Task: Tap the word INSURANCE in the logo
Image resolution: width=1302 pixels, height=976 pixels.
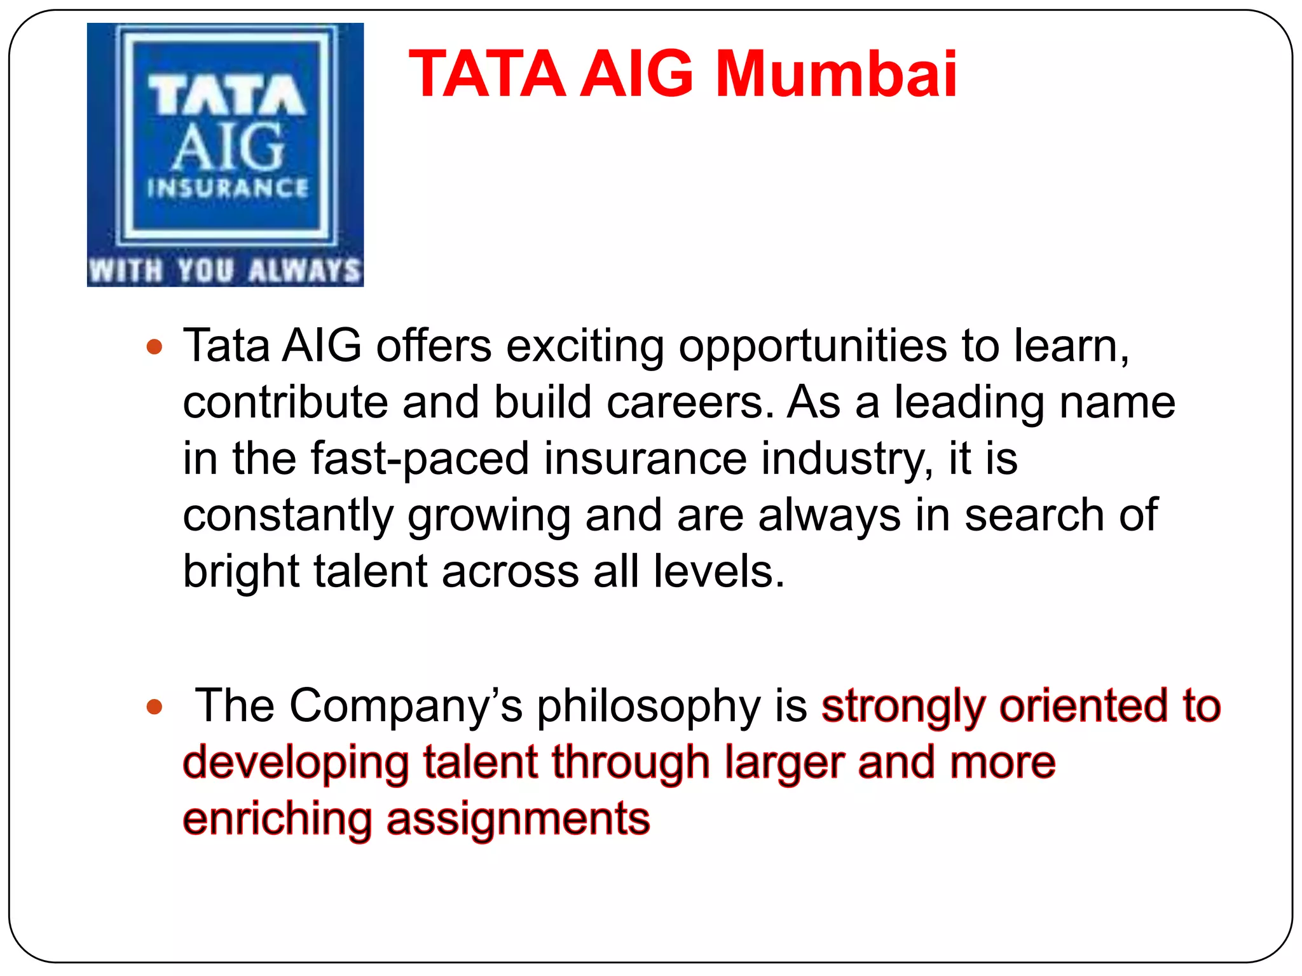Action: pos(228,188)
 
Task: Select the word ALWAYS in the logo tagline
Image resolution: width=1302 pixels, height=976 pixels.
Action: pos(305,270)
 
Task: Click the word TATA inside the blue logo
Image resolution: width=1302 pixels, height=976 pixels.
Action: pos(227,95)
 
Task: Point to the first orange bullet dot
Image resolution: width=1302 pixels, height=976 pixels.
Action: pos(154,347)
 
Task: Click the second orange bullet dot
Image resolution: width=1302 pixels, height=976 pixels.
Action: pos(154,707)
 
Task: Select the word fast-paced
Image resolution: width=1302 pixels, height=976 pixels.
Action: pos(420,459)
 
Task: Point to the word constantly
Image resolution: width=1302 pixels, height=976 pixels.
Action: pos(288,515)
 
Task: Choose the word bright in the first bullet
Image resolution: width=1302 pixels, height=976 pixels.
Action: pos(241,572)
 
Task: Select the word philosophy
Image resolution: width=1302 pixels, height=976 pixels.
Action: pos(648,707)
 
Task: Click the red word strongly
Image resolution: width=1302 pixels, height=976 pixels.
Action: pos(903,707)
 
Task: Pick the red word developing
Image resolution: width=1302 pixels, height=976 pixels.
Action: pos(296,764)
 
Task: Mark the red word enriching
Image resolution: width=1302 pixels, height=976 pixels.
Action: pos(277,819)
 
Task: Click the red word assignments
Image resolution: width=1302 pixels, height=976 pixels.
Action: pos(518,820)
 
